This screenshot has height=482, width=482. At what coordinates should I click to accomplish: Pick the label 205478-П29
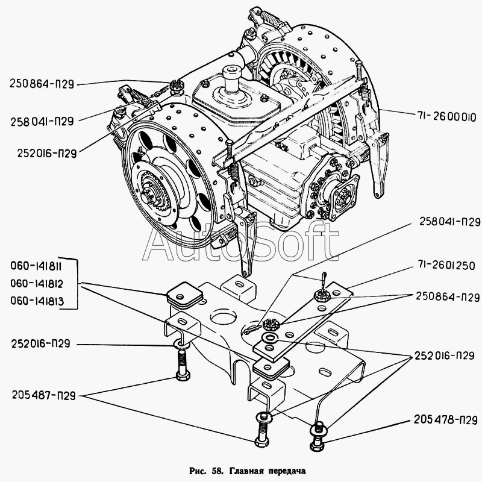click(x=445, y=420)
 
